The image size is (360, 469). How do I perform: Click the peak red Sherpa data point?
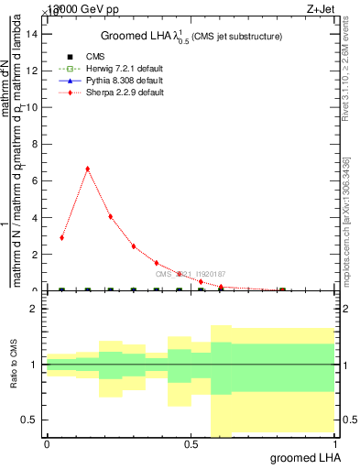click(x=87, y=169)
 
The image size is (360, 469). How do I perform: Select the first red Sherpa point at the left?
click(x=61, y=237)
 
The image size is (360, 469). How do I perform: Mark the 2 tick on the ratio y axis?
click(x=34, y=310)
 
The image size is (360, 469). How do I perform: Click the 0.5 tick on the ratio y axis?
click(x=30, y=420)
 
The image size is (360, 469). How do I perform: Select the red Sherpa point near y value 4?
click(x=111, y=216)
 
